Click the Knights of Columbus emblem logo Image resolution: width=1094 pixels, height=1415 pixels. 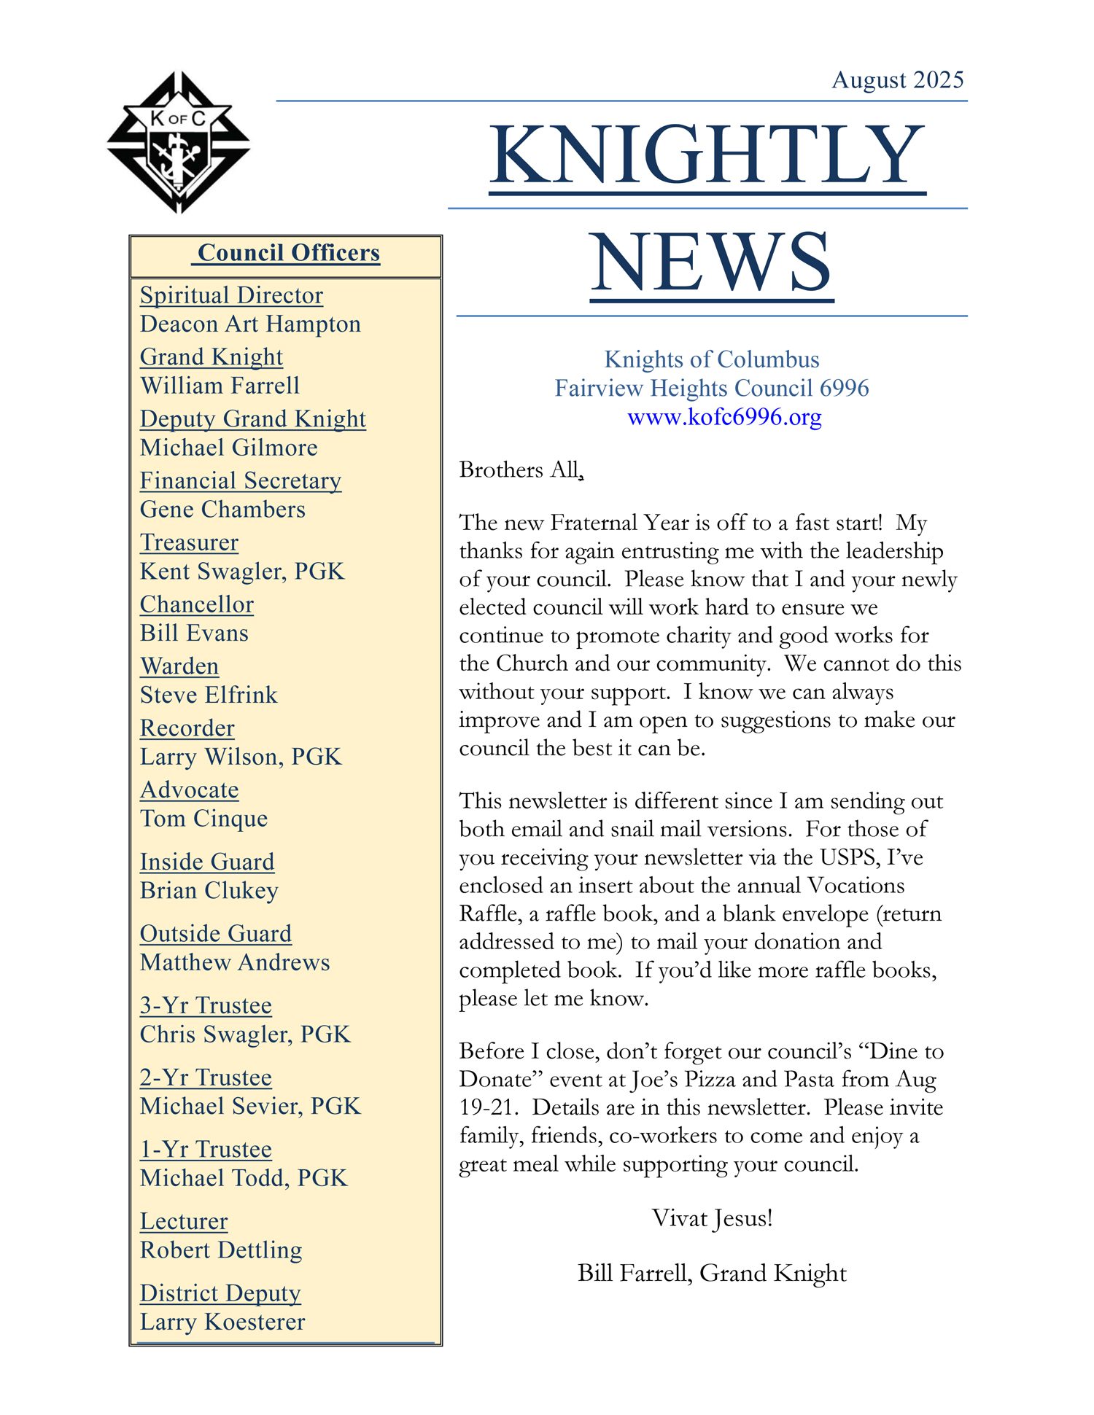tap(179, 142)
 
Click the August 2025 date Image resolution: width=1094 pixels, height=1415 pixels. tap(898, 79)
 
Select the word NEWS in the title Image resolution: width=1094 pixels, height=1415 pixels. tap(711, 262)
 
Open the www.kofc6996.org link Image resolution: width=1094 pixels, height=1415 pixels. tap(724, 417)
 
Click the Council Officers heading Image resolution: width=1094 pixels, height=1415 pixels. tap(289, 253)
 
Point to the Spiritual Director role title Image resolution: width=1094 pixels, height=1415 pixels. tap(231, 295)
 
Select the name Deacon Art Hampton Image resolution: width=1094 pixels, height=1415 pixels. tap(250, 324)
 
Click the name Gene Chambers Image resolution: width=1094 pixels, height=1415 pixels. tap(222, 509)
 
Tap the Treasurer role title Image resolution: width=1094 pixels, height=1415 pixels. tap(189, 542)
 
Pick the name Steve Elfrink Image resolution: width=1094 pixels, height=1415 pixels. tap(209, 695)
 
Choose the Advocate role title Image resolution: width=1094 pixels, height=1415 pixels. tap(189, 790)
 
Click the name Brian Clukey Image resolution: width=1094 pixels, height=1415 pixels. tap(209, 890)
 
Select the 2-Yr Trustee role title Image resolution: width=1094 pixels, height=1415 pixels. tap(206, 1077)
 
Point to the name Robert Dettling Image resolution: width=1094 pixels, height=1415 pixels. tap(221, 1250)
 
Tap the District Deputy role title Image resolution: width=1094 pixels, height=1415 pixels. tap(220, 1293)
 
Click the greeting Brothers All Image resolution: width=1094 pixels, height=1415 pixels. tap(520, 469)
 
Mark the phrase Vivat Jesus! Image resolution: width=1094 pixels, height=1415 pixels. tap(712, 1218)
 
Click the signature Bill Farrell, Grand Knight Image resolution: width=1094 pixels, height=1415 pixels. tap(712, 1273)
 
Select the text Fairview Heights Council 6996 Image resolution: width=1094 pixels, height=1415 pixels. tap(711, 388)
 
